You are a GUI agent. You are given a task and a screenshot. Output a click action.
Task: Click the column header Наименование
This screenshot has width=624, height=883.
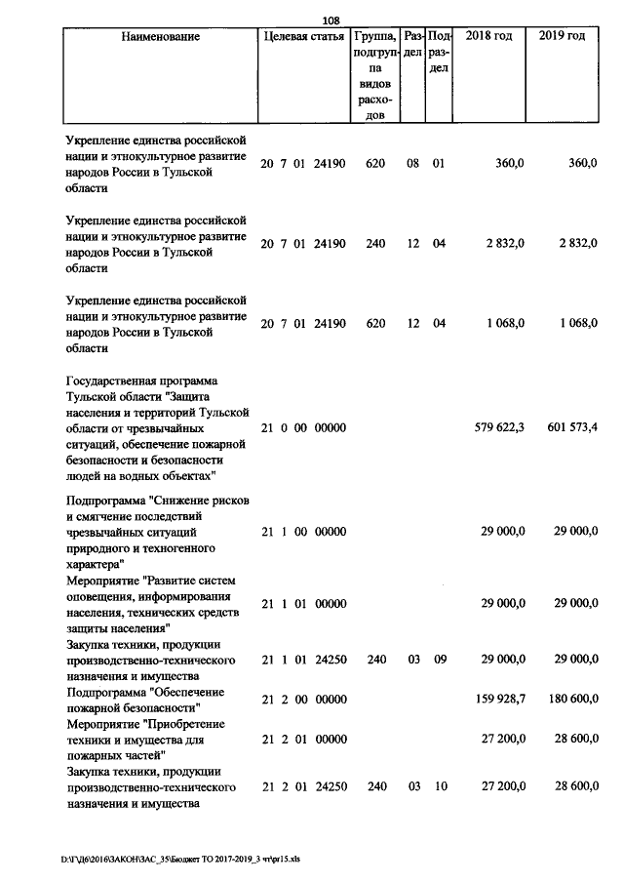pos(161,37)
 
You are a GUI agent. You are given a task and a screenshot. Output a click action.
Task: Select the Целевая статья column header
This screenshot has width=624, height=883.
pos(303,37)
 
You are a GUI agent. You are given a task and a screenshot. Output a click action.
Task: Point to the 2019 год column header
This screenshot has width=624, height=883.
pos(563,37)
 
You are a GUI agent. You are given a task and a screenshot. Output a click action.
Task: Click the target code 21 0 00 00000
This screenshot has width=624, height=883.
pos(303,427)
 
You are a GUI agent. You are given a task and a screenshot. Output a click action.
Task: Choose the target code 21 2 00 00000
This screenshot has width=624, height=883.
pos(303,699)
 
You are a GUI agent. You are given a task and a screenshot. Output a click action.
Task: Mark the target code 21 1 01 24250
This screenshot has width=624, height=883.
pos(303,660)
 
